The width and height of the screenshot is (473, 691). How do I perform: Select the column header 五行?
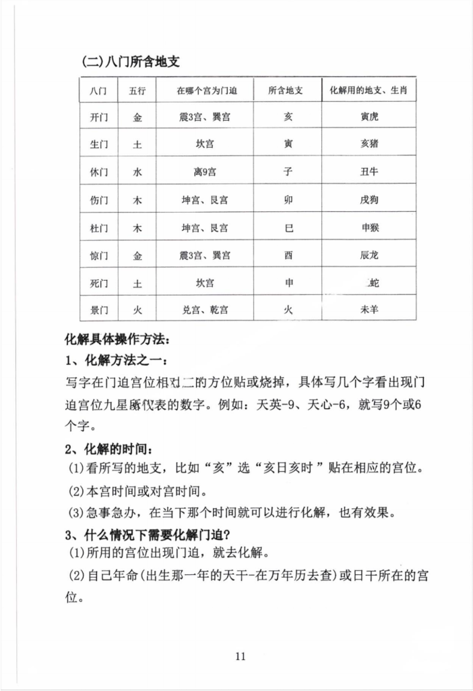coord(137,90)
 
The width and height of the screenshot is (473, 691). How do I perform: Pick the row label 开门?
coord(98,117)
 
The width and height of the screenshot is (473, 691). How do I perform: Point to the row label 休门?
coord(98,172)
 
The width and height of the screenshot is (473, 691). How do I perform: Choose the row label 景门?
coord(98,310)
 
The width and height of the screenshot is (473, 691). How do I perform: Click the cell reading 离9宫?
coord(205,172)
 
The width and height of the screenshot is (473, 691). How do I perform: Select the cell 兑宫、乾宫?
coord(205,310)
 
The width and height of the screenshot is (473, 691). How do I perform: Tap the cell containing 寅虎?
coord(369,117)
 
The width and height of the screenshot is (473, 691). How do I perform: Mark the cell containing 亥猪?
coord(369,144)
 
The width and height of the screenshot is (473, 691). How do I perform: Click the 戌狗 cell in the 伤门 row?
coord(369,200)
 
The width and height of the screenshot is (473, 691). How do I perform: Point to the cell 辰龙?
coord(369,255)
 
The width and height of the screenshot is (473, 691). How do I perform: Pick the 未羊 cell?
coord(369,310)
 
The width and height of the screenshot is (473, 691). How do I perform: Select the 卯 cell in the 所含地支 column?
coord(288,200)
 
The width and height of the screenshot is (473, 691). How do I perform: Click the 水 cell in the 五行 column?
coord(137,172)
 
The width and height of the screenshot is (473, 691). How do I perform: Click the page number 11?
coord(243,655)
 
